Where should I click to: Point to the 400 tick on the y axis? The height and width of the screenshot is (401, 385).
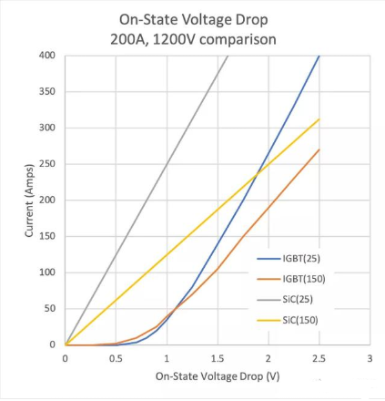pos(47,56)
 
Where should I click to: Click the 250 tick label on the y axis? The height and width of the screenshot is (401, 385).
pos(47,164)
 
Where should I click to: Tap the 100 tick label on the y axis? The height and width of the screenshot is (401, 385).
pos(47,272)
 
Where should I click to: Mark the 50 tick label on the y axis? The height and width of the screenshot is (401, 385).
pos(50,309)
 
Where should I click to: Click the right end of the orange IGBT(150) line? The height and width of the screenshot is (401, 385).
pos(319,149)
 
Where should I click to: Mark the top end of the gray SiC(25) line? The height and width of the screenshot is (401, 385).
pos(228,56)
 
